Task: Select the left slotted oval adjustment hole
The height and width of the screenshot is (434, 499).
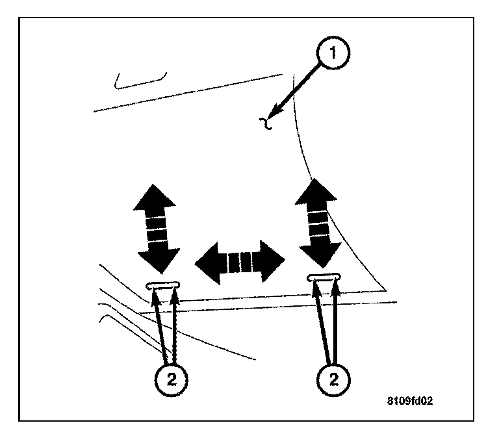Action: coord(164,285)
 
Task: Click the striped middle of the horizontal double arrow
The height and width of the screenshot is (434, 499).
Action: coord(240,261)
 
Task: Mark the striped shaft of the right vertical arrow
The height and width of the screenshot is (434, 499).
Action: coord(318,221)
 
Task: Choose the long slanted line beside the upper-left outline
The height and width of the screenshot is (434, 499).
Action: coord(188,94)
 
